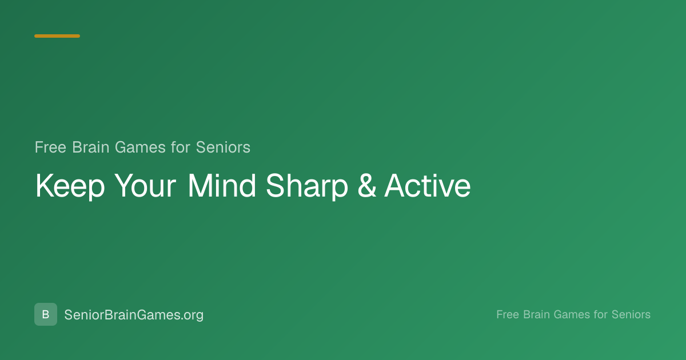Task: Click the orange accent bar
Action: pos(57,36)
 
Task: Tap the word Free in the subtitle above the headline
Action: pos(50,147)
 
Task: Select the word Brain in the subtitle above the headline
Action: pos(91,147)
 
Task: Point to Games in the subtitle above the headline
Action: pos(140,147)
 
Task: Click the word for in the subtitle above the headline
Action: pos(181,147)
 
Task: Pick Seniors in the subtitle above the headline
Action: pos(223,147)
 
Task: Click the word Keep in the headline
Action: pos(70,186)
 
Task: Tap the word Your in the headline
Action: pos(145,186)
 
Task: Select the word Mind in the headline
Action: pos(222,186)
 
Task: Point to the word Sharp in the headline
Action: pos(307,186)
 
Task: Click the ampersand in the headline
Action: pos(366,186)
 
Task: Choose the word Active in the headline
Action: pos(428,186)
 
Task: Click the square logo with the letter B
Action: pos(46,314)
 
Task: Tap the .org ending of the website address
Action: pos(192,315)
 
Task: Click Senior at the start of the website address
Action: pos(84,315)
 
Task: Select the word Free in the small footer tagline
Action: pos(508,314)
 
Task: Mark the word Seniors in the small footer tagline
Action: pos(631,314)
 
